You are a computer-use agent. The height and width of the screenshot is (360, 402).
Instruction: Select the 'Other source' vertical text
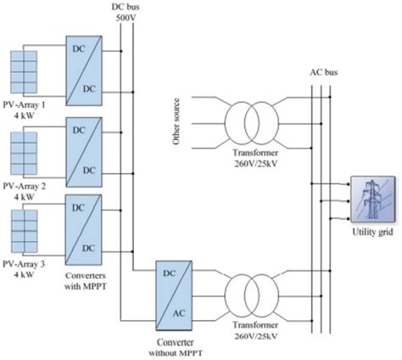178,121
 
